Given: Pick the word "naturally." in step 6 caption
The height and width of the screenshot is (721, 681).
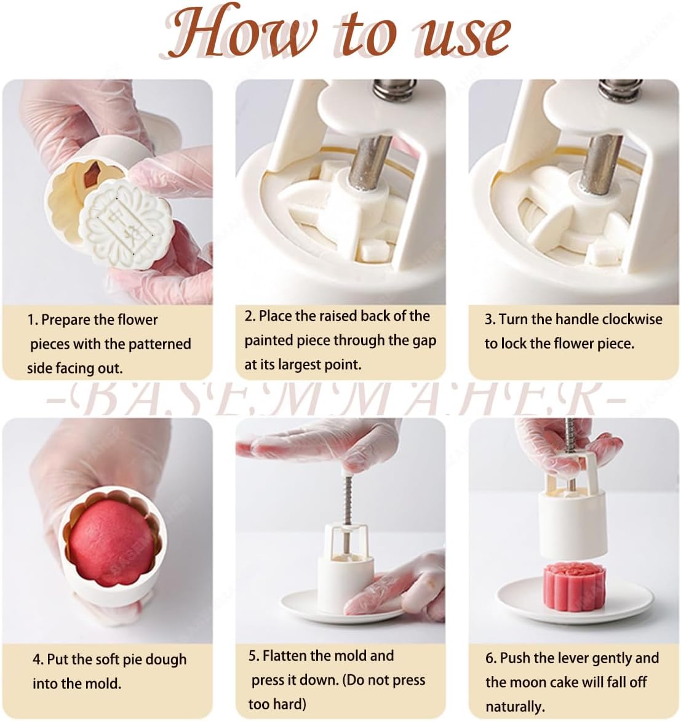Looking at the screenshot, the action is pos(515,706).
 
